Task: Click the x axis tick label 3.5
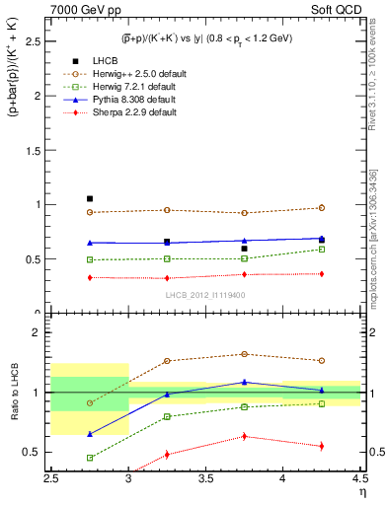pos(206,478)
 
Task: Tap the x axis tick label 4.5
pos(359,478)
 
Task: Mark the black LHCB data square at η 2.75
pos(90,199)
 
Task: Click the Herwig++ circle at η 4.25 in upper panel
pos(321,208)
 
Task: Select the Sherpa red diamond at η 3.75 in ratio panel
pos(244,436)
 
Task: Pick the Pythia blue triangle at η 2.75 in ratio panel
pos(90,434)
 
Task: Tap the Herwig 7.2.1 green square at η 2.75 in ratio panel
pos(90,458)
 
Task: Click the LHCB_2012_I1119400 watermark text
pos(205,295)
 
